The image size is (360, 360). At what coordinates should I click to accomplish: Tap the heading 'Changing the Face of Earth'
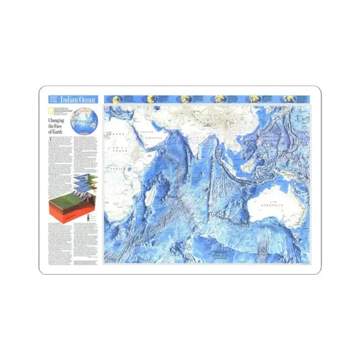[57, 125]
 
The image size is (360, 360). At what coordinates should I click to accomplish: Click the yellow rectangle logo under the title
[51, 109]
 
